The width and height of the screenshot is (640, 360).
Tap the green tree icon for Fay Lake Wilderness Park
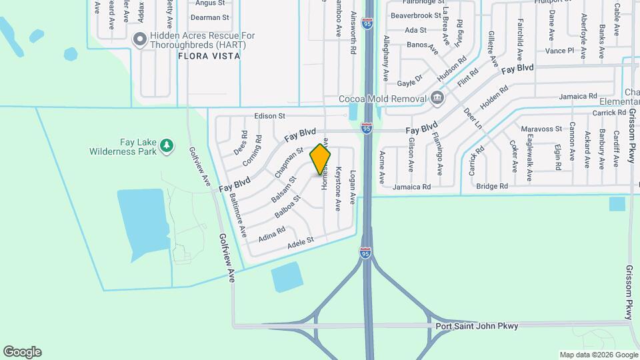click(x=166, y=145)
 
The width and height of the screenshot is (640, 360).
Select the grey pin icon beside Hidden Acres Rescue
click(x=140, y=39)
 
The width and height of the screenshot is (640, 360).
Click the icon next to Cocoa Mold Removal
click(x=437, y=99)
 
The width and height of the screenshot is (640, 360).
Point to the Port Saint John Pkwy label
click(x=477, y=326)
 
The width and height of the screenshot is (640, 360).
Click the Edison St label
click(x=269, y=116)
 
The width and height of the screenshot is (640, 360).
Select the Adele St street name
click(x=300, y=244)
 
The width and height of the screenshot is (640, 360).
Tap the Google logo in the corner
click(x=22, y=352)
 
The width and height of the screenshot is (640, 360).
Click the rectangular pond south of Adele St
click(x=287, y=277)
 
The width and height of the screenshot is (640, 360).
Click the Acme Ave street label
click(x=382, y=167)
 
